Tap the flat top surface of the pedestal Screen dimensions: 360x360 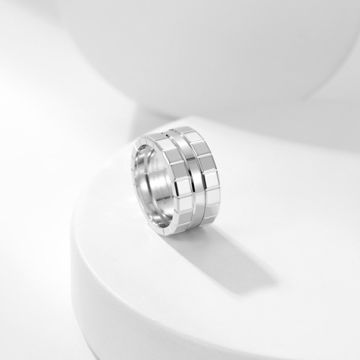(282, 198)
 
